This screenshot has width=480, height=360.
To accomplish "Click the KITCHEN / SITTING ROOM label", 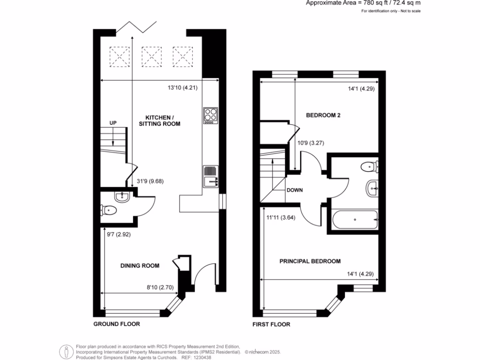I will (x=159, y=120).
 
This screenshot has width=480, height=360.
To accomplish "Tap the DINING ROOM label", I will (x=140, y=266).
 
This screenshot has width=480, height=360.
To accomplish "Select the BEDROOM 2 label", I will (x=323, y=115).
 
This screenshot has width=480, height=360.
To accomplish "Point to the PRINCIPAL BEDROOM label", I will (x=310, y=261).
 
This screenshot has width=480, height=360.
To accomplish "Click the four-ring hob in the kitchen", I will (x=210, y=115).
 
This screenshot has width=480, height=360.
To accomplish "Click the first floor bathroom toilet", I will (x=369, y=166).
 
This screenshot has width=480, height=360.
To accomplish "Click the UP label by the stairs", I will (x=112, y=123).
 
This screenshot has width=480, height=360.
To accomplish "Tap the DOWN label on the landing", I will (x=295, y=190).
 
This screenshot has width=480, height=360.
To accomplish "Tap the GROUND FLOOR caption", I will (x=117, y=324).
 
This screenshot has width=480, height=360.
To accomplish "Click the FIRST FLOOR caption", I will (x=271, y=324).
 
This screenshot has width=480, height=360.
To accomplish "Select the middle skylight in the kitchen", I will (x=150, y=56).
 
